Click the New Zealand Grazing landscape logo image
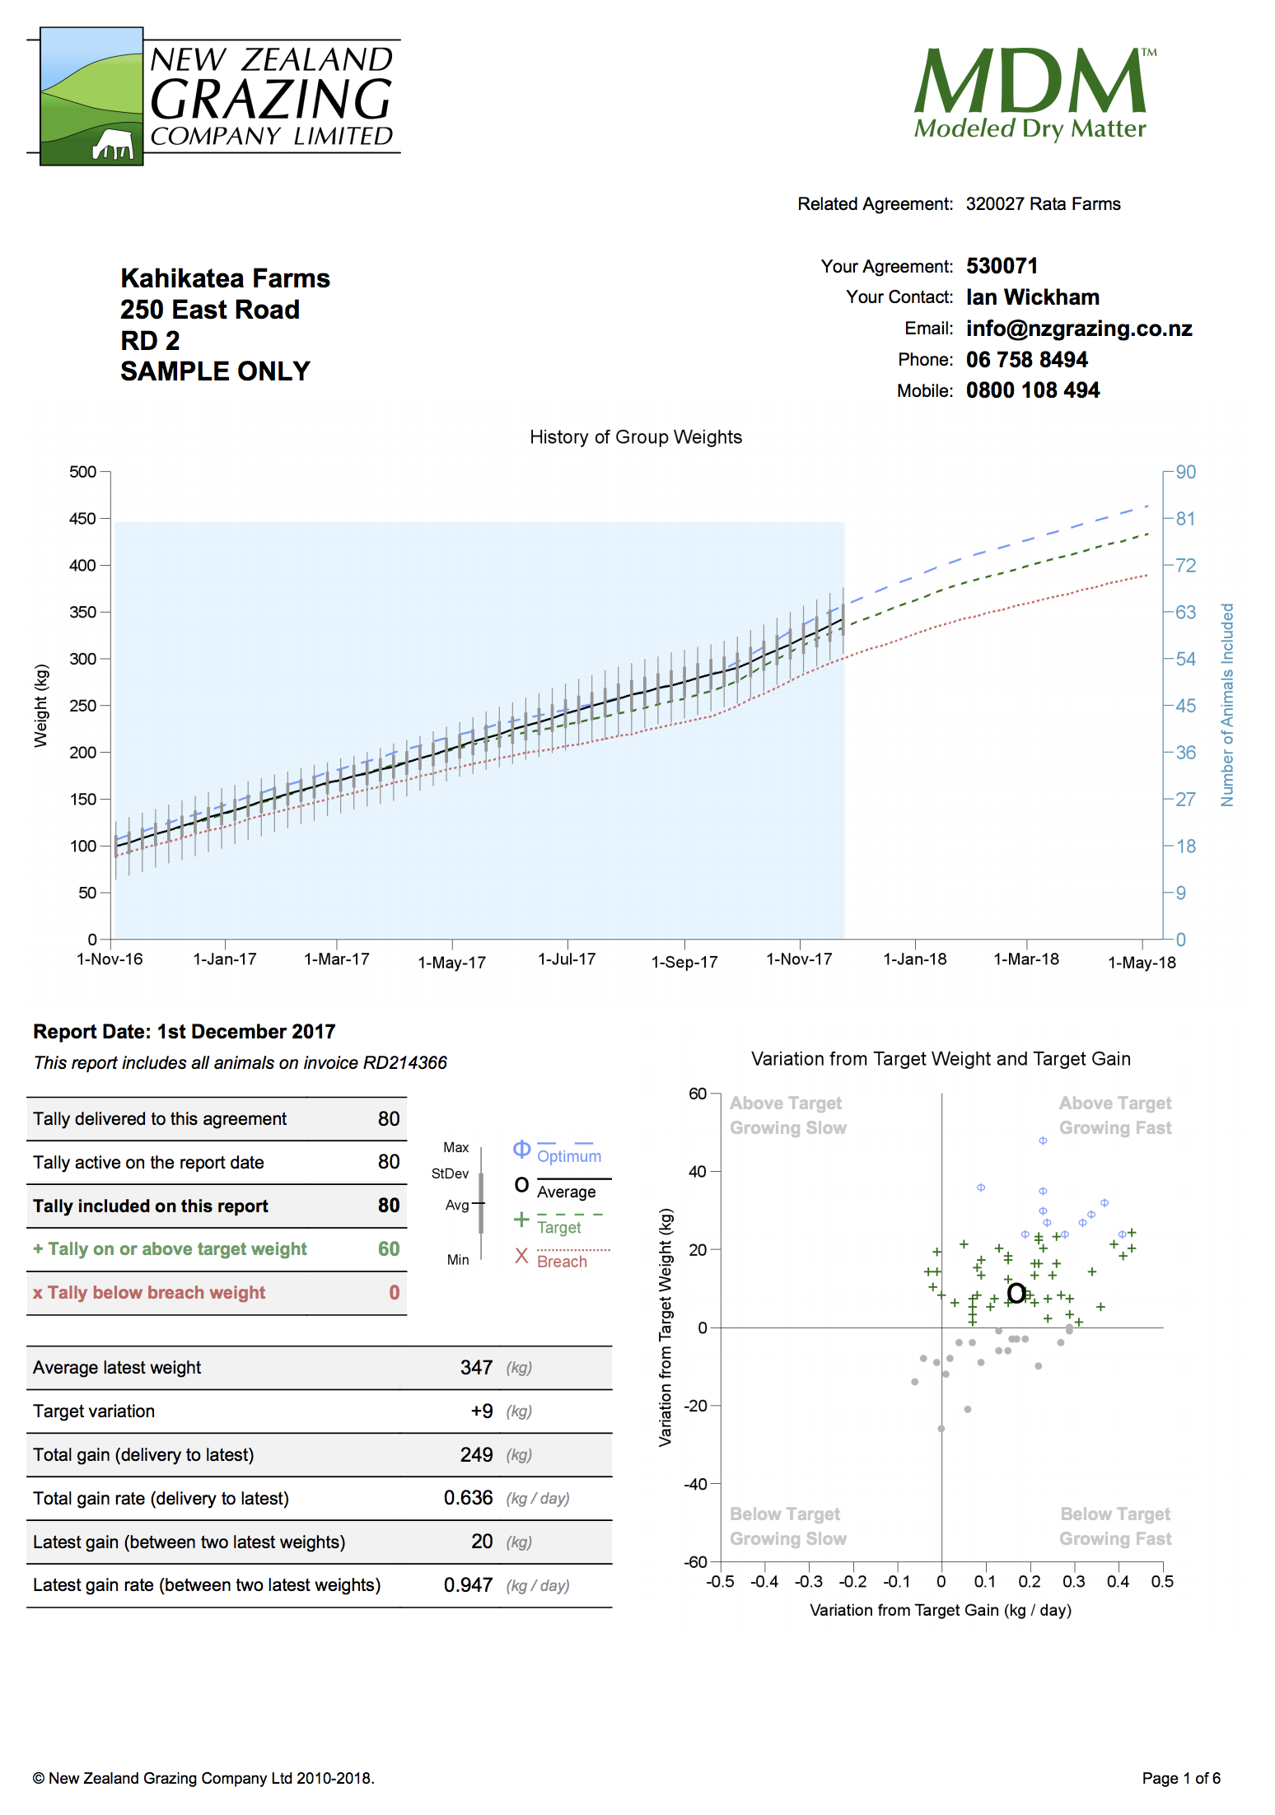pos(91,96)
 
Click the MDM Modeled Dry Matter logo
pos(1034,92)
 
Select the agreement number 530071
pos(1002,266)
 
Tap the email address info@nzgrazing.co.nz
pos(1078,329)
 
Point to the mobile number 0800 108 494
pos(1032,390)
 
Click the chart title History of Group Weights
pos(635,437)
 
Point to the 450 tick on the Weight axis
pos(83,519)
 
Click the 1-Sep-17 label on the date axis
pos(684,962)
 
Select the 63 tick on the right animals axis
pos(1185,612)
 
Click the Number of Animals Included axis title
pos(1226,705)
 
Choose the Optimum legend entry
pos(568,1156)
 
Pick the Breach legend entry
pos(562,1262)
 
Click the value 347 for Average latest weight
pos(476,1368)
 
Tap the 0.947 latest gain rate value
pos(468,1585)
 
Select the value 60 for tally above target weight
pos(389,1249)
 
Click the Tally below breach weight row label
pos(149,1293)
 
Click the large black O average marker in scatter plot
pos(1016,1293)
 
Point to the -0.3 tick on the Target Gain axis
pos(808,1582)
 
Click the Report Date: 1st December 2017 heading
pos(184,1032)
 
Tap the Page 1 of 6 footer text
pos(1180,1778)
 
